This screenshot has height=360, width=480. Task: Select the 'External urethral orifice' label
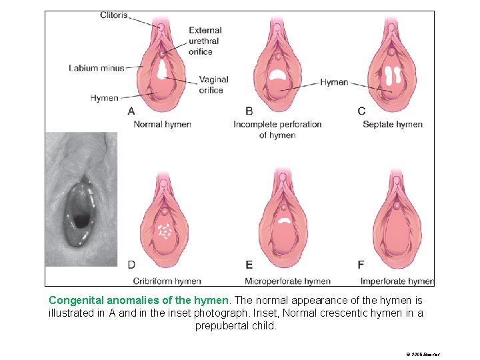[x=205, y=41]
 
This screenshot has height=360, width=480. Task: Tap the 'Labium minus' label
[x=97, y=67]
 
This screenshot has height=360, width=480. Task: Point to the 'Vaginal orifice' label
[x=213, y=85]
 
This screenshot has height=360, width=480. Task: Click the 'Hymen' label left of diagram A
[x=104, y=98]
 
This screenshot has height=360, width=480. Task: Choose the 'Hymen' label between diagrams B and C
[x=334, y=83]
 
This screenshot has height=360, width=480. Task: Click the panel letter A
[x=131, y=111]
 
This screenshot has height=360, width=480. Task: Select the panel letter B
[x=249, y=111]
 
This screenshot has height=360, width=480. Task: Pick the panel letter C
[x=361, y=111]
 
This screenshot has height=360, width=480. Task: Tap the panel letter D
[x=132, y=265]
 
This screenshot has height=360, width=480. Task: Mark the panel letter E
[x=249, y=265]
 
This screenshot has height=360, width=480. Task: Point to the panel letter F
[x=361, y=265]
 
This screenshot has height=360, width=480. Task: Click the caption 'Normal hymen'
[x=162, y=124]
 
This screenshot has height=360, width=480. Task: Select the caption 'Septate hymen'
[x=393, y=124]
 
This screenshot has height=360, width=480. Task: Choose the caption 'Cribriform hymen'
[x=167, y=281]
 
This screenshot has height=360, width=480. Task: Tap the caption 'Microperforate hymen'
[x=287, y=281]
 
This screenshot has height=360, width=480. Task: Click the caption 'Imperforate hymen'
[x=396, y=281]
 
